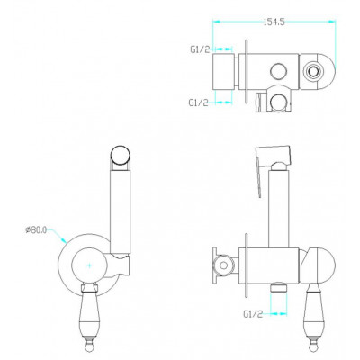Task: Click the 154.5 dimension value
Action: (274, 22)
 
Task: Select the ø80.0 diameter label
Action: (36, 230)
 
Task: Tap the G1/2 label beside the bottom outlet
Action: (253, 314)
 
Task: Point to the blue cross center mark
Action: (89, 265)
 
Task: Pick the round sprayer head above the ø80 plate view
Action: (121, 155)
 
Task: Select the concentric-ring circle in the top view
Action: (313, 72)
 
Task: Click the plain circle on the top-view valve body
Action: (277, 72)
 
